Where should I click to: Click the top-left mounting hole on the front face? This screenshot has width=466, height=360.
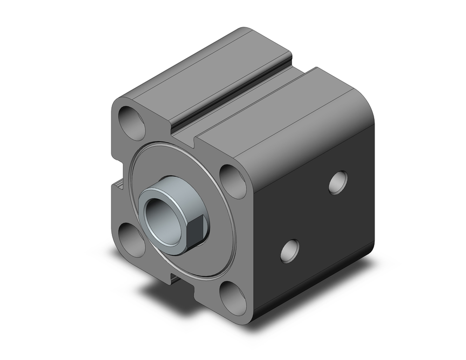pos(132,123)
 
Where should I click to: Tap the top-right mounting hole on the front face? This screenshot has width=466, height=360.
pos(233,181)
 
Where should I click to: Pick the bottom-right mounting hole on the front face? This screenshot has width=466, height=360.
pos(233,298)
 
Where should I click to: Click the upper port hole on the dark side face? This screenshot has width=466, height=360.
pos(338,182)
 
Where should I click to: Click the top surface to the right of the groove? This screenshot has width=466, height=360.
pos(280,112)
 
